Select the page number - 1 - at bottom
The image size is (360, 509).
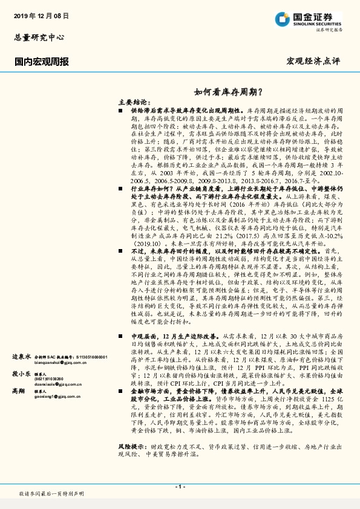[x=180, y=486]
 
